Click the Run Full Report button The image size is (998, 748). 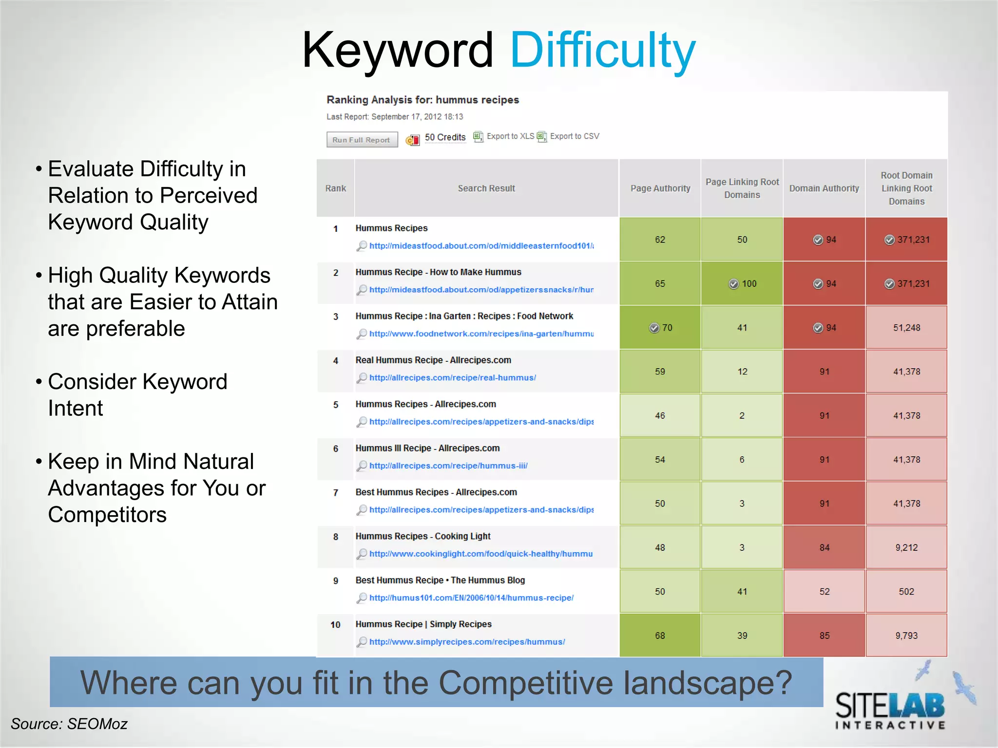pos(361,140)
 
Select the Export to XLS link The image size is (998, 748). pos(510,136)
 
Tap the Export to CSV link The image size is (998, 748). pos(574,136)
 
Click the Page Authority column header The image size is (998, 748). pos(660,188)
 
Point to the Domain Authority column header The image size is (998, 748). pos(824,188)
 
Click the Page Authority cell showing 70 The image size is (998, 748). pos(660,328)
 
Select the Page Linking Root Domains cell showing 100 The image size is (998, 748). pos(742,284)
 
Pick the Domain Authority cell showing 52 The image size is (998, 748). pos(824,592)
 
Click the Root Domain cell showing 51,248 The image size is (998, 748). pos(906,328)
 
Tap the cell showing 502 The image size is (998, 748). pos(906,592)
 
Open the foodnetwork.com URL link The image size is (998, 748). pos(481,334)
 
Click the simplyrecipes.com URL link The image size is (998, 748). pos(467,642)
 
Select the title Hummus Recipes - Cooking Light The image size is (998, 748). pos(422,536)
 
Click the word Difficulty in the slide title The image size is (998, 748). pos(602,50)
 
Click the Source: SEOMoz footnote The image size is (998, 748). pos(69,724)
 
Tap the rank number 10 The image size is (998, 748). pos(335,625)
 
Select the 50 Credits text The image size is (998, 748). pos(445,137)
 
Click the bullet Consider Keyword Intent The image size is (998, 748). pos(137,395)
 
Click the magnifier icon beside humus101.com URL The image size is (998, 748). pos(362,598)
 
